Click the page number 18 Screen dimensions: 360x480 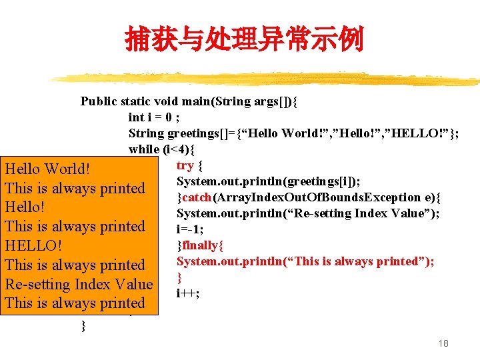click(x=443, y=343)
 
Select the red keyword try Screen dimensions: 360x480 click(x=185, y=165)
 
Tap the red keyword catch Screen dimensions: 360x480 click(x=196, y=197)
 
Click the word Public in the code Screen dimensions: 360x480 click(x=99, y=101)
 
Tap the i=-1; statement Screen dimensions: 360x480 click(x=190, y=229)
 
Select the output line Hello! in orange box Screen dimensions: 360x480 click(x=25, y=207)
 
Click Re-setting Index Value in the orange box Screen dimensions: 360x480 click(x=79, y=284)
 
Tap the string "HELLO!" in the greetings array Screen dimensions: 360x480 click(x=420, y=133)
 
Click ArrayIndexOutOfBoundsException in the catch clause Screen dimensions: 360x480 click(x=323, y=197)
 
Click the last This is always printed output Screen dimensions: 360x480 click(x=75, y=303)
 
